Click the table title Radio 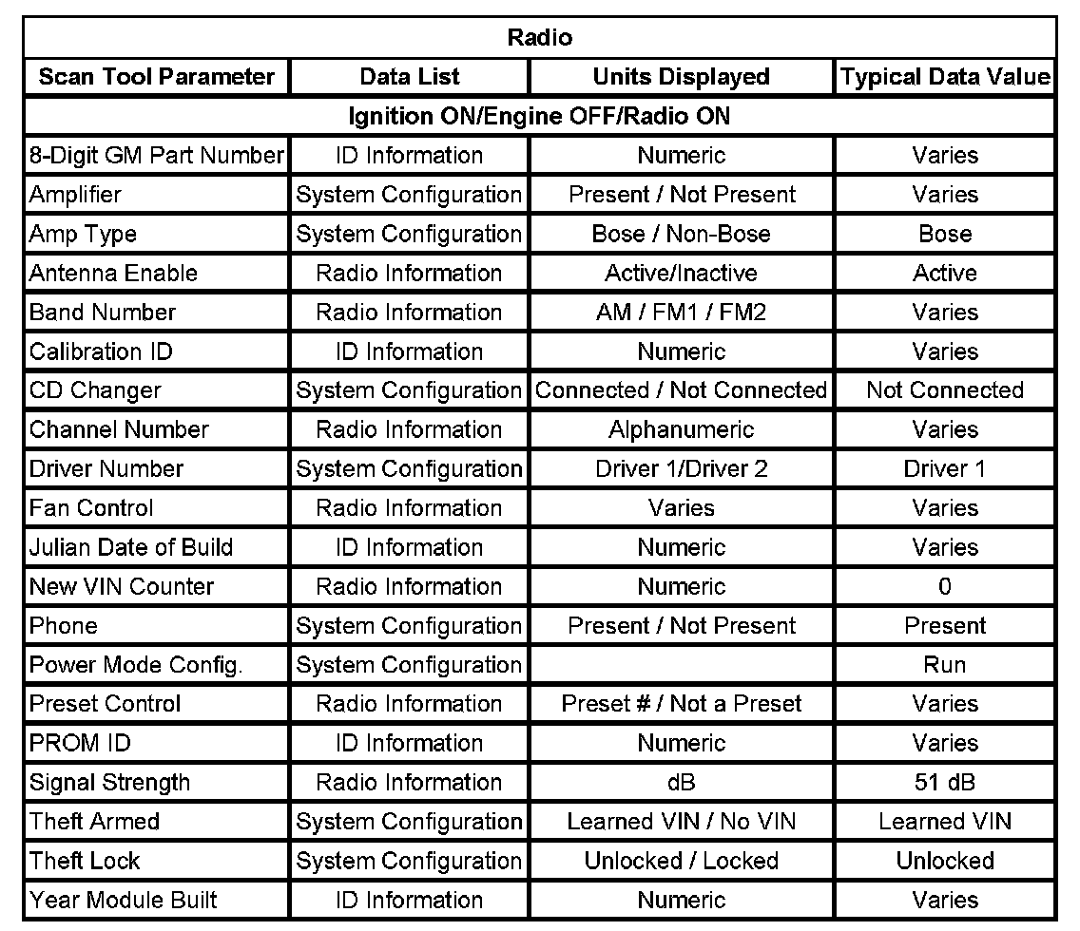[540, 38]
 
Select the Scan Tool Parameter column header [157, 77]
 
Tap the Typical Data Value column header [945, 77]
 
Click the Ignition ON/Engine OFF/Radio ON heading [540, 116]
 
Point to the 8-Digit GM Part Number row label [157, 155]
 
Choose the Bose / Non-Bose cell [681, 234]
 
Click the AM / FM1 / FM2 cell [681, 312]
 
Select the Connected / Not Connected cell [681, 390]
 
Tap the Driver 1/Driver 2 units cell [681, 468]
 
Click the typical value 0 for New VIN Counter [944, 586]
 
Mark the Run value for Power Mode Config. [944, 665]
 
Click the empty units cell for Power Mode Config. [681, 665]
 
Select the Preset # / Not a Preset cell [681, 704]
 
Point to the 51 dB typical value [944, 783]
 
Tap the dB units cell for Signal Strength [681, 783]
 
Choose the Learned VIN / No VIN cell [681, 822]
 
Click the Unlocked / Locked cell [681, 861]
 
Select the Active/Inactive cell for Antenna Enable [681, 273]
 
